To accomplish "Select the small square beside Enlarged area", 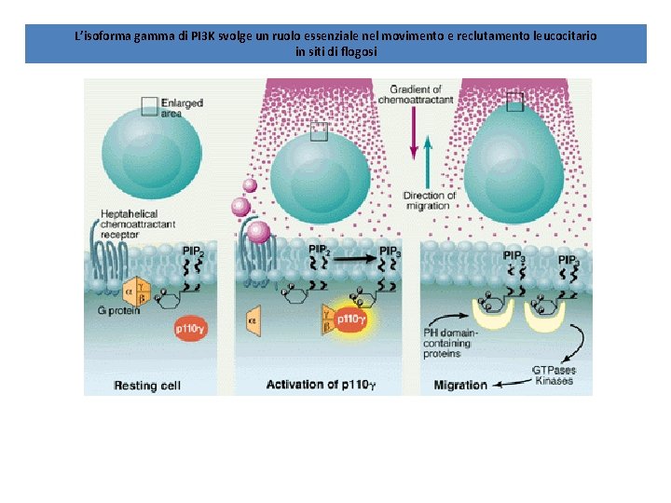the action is click(x=149, y=106).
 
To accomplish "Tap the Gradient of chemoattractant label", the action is click(x=424, y=93).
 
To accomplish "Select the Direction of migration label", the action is click(x=430, y=200).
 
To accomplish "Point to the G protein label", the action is click(x=122, y=311).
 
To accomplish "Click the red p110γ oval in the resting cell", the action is click(x=193, y=329).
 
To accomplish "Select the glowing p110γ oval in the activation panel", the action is click(x=350, y=319).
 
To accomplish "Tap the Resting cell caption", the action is click(x=147, y=385).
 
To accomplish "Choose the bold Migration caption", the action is click(x=460, y=385).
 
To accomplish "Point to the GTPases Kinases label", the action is click(x=554, y=375).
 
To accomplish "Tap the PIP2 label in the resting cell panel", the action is click(x=194, y=251).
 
